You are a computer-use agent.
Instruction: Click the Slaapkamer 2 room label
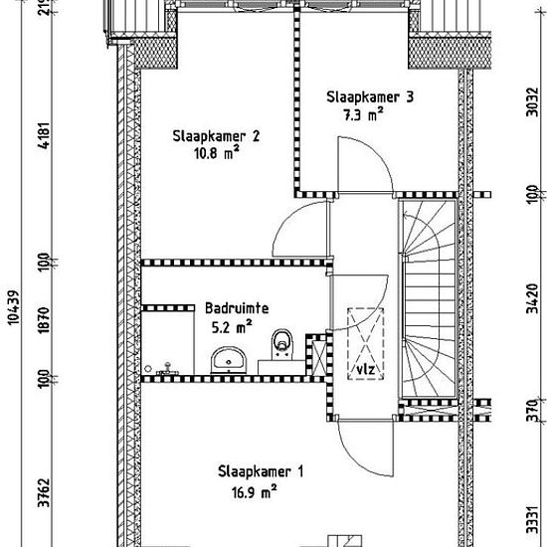[x=216, y=136]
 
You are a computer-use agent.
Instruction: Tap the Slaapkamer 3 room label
[x=370, y=97]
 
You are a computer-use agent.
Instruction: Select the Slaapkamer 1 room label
[x=261, y=471]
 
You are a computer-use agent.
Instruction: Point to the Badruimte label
[x=237, y=308]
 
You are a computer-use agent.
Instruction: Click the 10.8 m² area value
[x=217, y=153]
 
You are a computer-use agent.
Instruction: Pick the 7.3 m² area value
[x=363, y=114]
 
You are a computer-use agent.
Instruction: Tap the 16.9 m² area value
[x=254, y=492]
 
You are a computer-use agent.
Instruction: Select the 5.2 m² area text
[x=232, y=327]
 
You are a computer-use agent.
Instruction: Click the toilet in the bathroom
[x=281, y=344]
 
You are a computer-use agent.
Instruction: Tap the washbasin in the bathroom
[x=229, y=360]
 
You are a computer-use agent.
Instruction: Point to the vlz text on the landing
[x=366, y=369]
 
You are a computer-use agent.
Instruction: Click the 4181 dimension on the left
[x=45, y=135]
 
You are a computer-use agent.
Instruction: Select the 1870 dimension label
[x=45, y=320]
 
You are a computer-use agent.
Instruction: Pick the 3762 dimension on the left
[x=45, y=493]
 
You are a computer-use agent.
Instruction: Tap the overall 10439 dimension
[x=14, y=307]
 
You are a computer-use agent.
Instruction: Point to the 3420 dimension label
[x=532, y=298]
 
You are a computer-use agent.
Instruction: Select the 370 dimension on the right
[x=532, y=411]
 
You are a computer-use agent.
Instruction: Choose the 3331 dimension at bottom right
[x=532, y=520]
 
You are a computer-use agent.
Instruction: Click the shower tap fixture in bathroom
[x=167, y=368]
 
